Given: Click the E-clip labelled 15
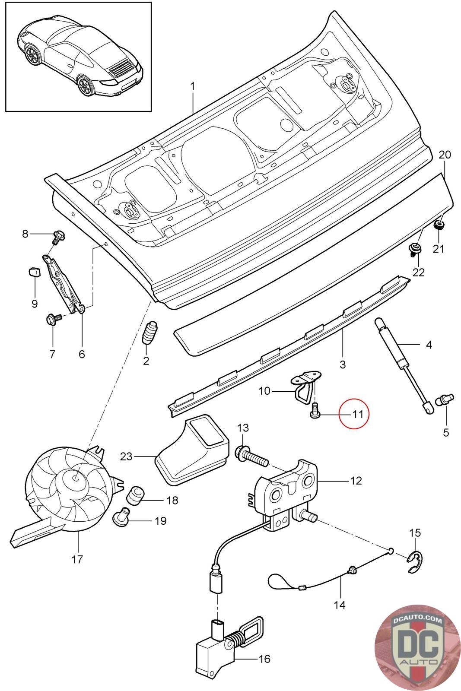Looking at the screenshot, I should tap(416, 562).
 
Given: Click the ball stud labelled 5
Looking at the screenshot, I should tap(444, 400).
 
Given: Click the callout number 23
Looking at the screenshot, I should tap(126, 456).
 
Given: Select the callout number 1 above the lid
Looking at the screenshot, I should tap(193, 86).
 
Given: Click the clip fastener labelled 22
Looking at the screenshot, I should tap(414, 249).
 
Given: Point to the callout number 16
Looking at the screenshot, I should tap(264, 659).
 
